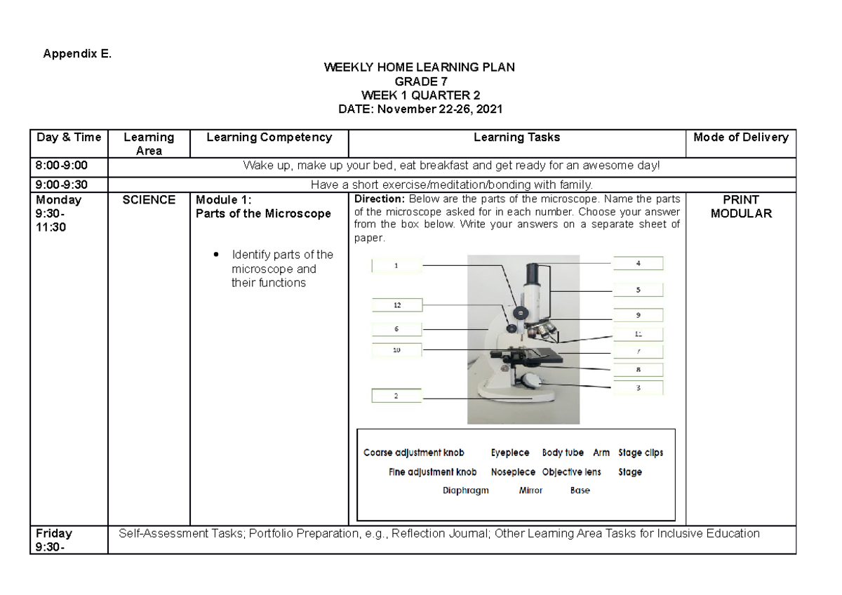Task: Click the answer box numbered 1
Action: (396, 265)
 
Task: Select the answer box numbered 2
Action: (396, 396)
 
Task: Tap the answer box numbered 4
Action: (638, 264)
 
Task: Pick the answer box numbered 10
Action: (396, 350)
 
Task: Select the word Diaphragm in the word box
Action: (465, 490)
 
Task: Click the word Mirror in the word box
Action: (530, 490)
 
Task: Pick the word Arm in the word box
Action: (601, 453)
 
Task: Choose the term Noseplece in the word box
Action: (513, 472)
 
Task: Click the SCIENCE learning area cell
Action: (148, 200)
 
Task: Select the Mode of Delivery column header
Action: (740, 138)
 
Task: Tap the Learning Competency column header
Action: (269, 138)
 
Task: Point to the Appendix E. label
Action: (78, 53)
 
